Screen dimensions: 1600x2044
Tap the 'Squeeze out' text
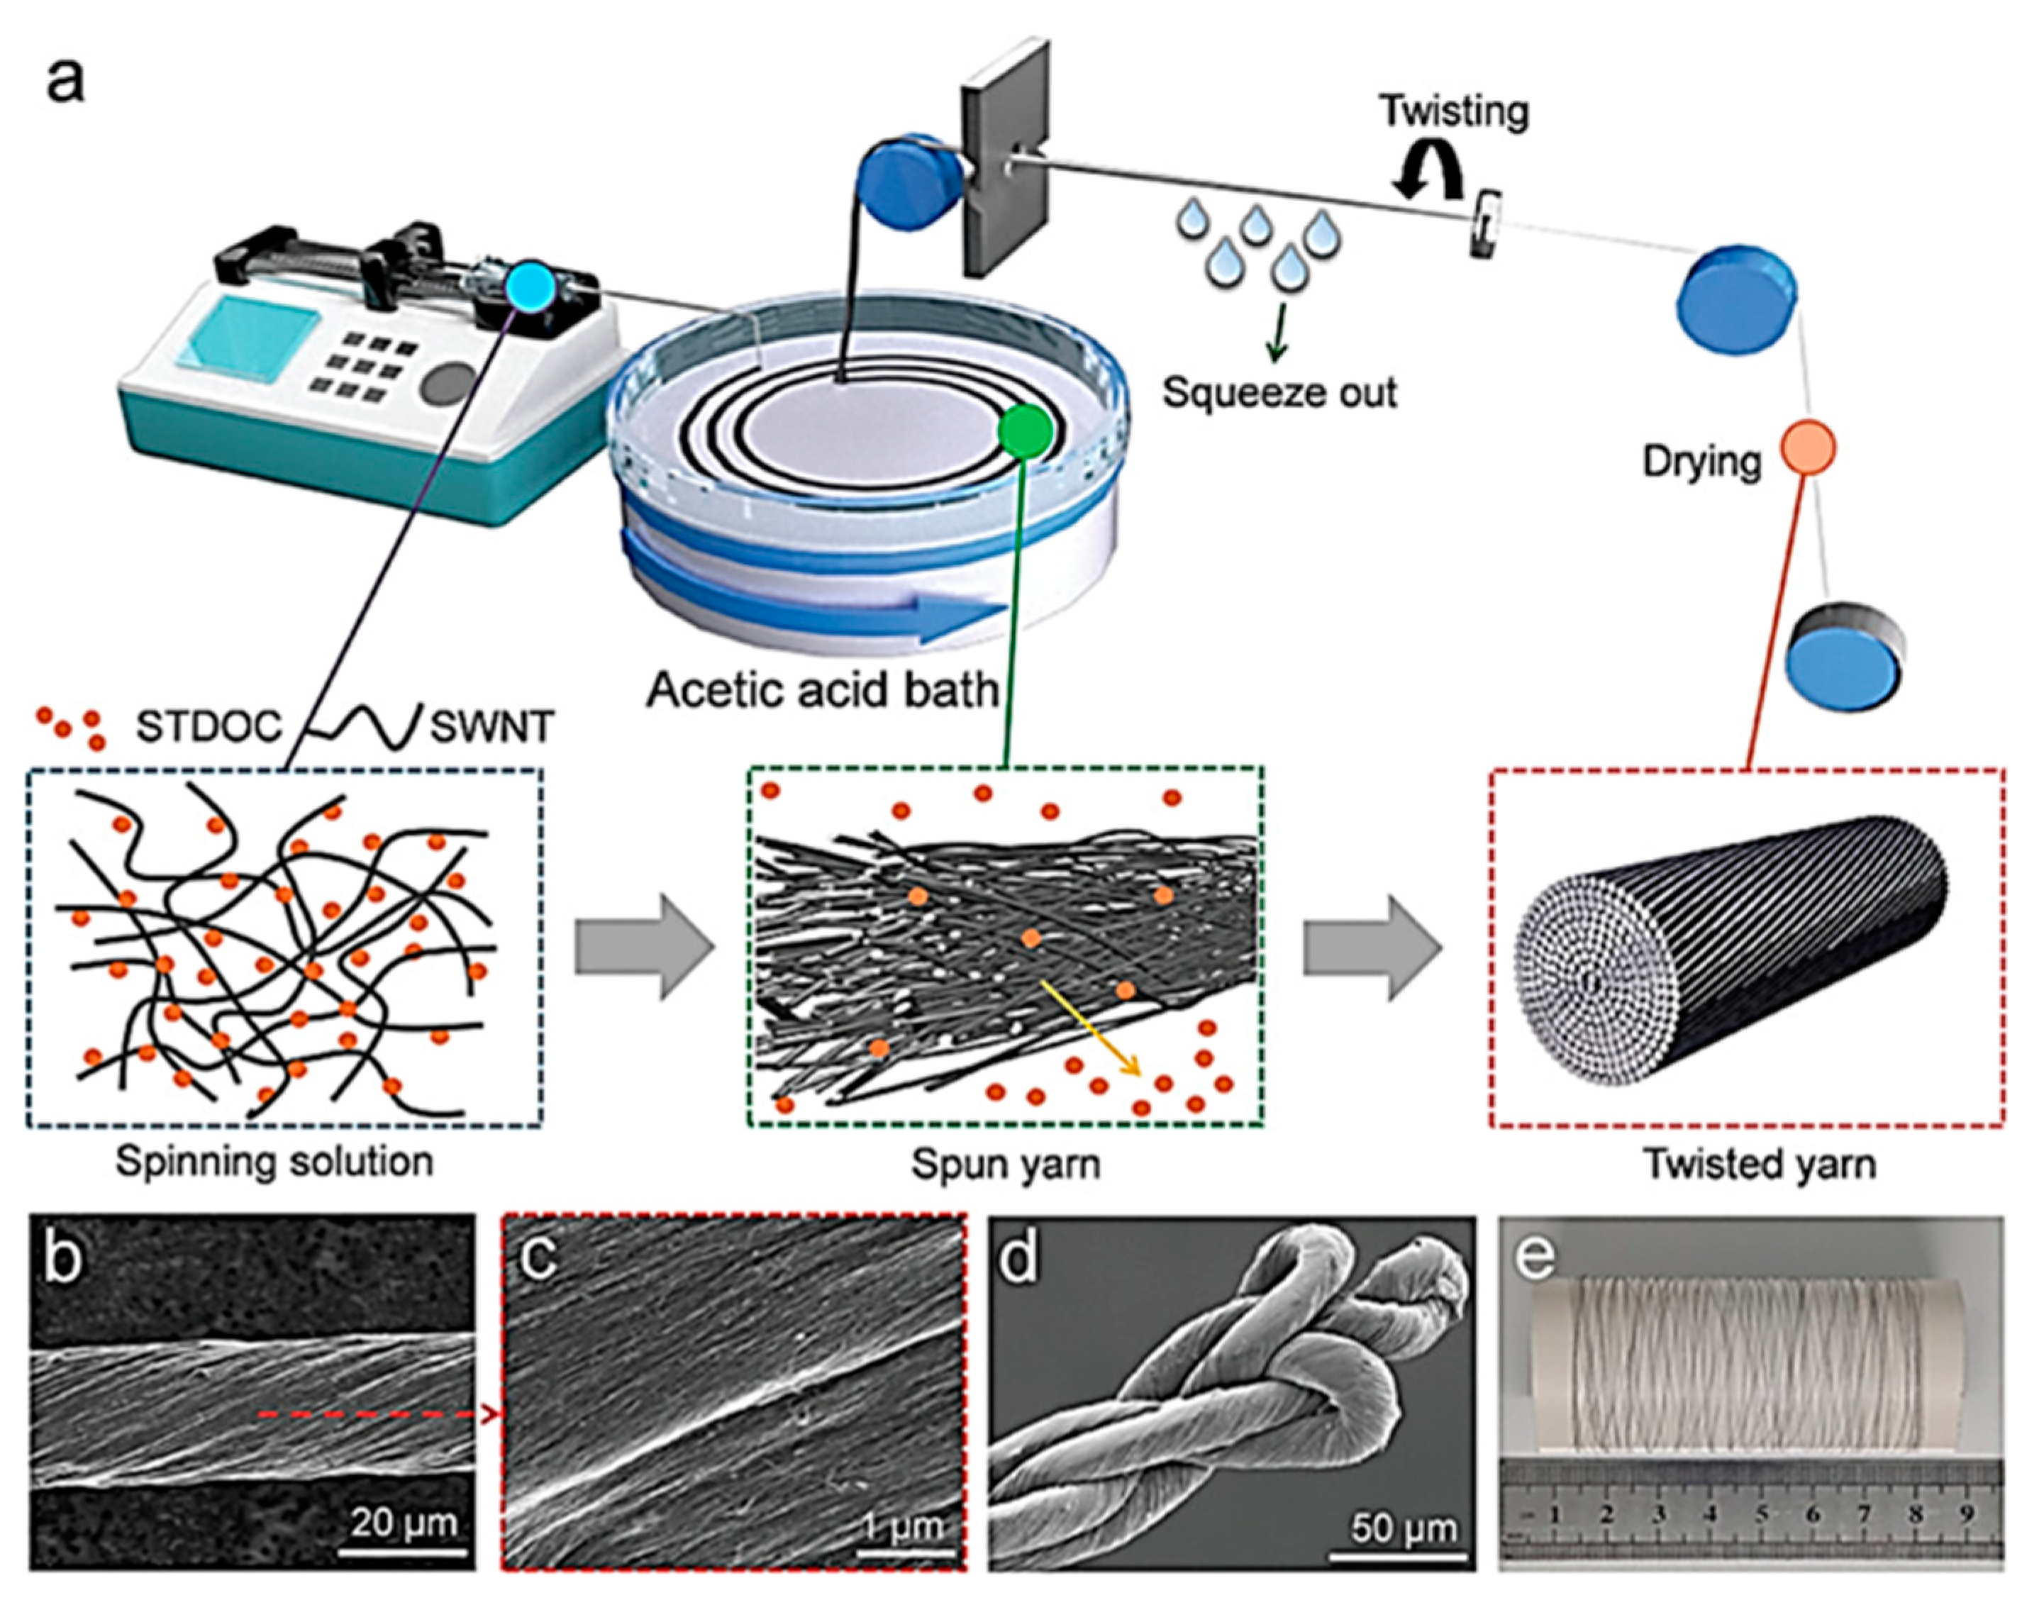[1279, 391]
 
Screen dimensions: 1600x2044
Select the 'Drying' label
[1701, 462]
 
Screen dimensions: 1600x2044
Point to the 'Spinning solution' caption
[274, 1162]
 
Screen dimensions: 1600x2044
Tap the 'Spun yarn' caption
[1005, 1165]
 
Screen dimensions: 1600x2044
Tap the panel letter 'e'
[1536, 1259]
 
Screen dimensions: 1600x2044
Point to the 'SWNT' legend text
[491, 728]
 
